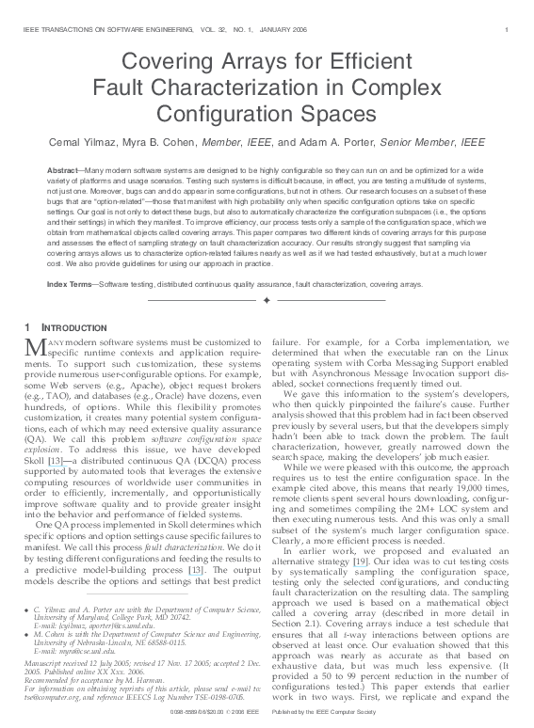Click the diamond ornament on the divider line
[267, 300]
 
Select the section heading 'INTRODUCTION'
[69, 326]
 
